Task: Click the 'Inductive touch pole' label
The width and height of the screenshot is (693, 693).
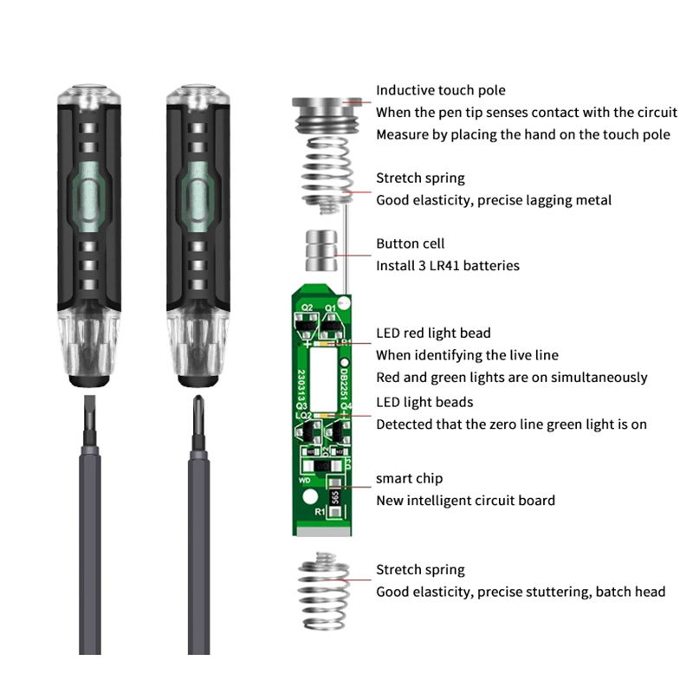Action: coord(441,90)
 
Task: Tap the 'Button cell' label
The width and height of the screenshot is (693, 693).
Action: coord(410,243)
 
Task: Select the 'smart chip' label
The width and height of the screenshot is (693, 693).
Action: coord(409,478)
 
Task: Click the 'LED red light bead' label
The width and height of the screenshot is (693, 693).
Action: coord(433,333)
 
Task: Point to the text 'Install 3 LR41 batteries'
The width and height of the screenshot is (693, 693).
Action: coord(448,266)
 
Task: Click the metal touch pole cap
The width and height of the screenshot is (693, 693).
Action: coord(327,114)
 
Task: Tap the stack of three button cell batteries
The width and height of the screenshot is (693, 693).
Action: coord(321,250)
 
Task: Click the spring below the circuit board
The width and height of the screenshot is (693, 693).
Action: coord(323,592)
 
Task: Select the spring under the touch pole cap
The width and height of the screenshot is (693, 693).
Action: coord(327,176)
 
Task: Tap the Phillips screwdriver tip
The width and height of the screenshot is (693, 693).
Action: coord(199,416)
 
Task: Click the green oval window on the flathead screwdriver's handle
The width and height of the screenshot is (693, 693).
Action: coord(88,198)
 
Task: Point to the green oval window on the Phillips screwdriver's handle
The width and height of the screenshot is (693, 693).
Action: coord(198,198)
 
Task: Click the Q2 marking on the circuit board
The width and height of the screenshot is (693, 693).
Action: coord(308,308)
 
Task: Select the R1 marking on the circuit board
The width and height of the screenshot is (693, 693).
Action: coord(320,512)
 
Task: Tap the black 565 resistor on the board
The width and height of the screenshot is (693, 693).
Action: coord(335,497)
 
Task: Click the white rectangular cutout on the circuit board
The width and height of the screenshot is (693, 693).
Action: coord(324,379)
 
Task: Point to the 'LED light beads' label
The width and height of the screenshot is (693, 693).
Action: coord(424,402)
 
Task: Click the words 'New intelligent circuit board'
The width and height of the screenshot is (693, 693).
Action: coord(465,501)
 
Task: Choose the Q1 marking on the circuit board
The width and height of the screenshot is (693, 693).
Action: coord(330,308)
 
